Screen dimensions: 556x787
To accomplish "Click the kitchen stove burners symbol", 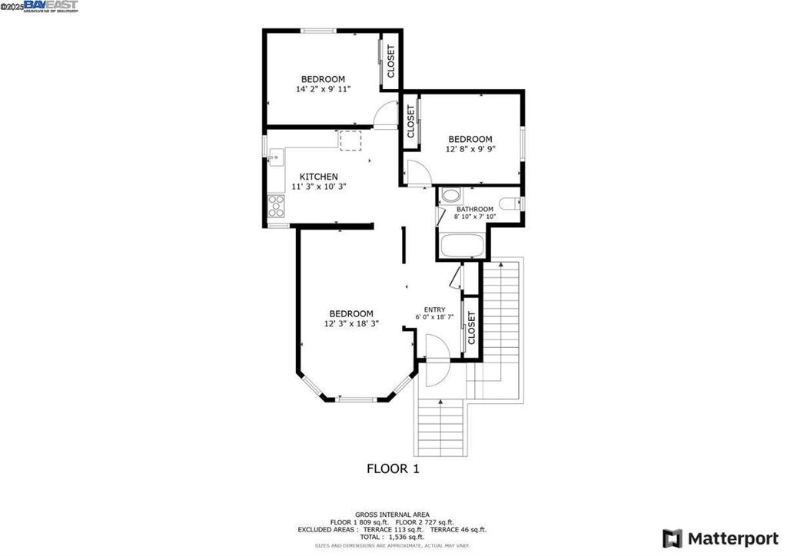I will coord(276,205).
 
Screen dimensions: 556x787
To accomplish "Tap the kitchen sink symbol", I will coord(274,158).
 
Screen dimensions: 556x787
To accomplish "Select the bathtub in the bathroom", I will coord(461,247).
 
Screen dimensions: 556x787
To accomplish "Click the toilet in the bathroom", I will coord(510,204).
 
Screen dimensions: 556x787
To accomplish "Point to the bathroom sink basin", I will coord(450,194).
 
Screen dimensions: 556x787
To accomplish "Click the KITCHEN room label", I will coord(318,177).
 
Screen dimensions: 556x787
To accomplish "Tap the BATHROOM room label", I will coord(474,209).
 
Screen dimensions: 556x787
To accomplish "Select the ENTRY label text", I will coord(434,309).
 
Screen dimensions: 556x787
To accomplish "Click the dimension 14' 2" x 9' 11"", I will coord(323,89).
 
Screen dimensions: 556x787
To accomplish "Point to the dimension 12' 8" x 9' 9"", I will coord(470,149).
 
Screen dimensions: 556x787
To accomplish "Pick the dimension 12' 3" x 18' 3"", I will coord(351,323).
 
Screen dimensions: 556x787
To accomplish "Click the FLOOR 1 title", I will coord(393,468).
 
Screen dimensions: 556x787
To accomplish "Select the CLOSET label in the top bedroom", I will coord(390,61).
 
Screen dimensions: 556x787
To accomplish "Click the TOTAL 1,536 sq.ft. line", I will coord(392,537).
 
